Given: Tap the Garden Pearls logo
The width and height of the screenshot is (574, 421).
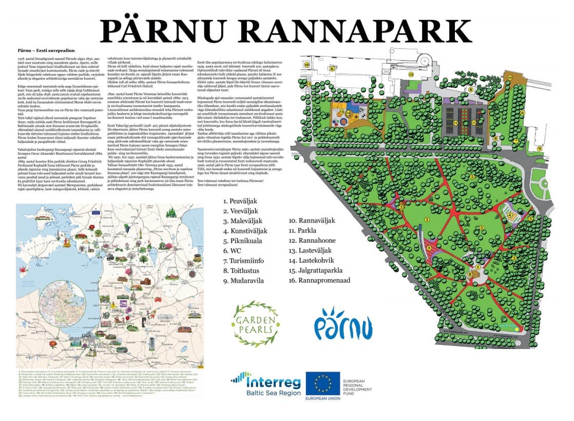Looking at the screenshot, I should coord(256,324).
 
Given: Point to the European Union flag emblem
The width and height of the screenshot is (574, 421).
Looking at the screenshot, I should coord(323,384).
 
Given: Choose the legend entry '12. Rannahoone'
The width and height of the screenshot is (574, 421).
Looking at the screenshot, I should coord(313,240).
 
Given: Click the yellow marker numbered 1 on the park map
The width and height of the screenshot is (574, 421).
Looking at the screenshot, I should coord(478,267).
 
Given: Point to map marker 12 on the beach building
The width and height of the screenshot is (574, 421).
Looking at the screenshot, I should coord(411,74).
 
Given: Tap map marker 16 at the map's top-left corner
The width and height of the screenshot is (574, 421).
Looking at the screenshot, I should coord(307,65).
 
